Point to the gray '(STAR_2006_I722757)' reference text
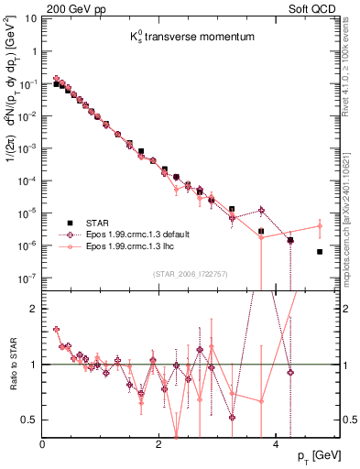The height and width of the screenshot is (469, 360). pos(191,274)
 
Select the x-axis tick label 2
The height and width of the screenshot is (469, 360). pos(159,443)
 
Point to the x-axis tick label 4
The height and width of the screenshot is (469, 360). pos(275,443)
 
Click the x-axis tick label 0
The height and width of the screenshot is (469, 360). pos(43,443)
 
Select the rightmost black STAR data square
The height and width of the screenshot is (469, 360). pos(320,252)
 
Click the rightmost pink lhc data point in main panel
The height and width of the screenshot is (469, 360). pos(320,225)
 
